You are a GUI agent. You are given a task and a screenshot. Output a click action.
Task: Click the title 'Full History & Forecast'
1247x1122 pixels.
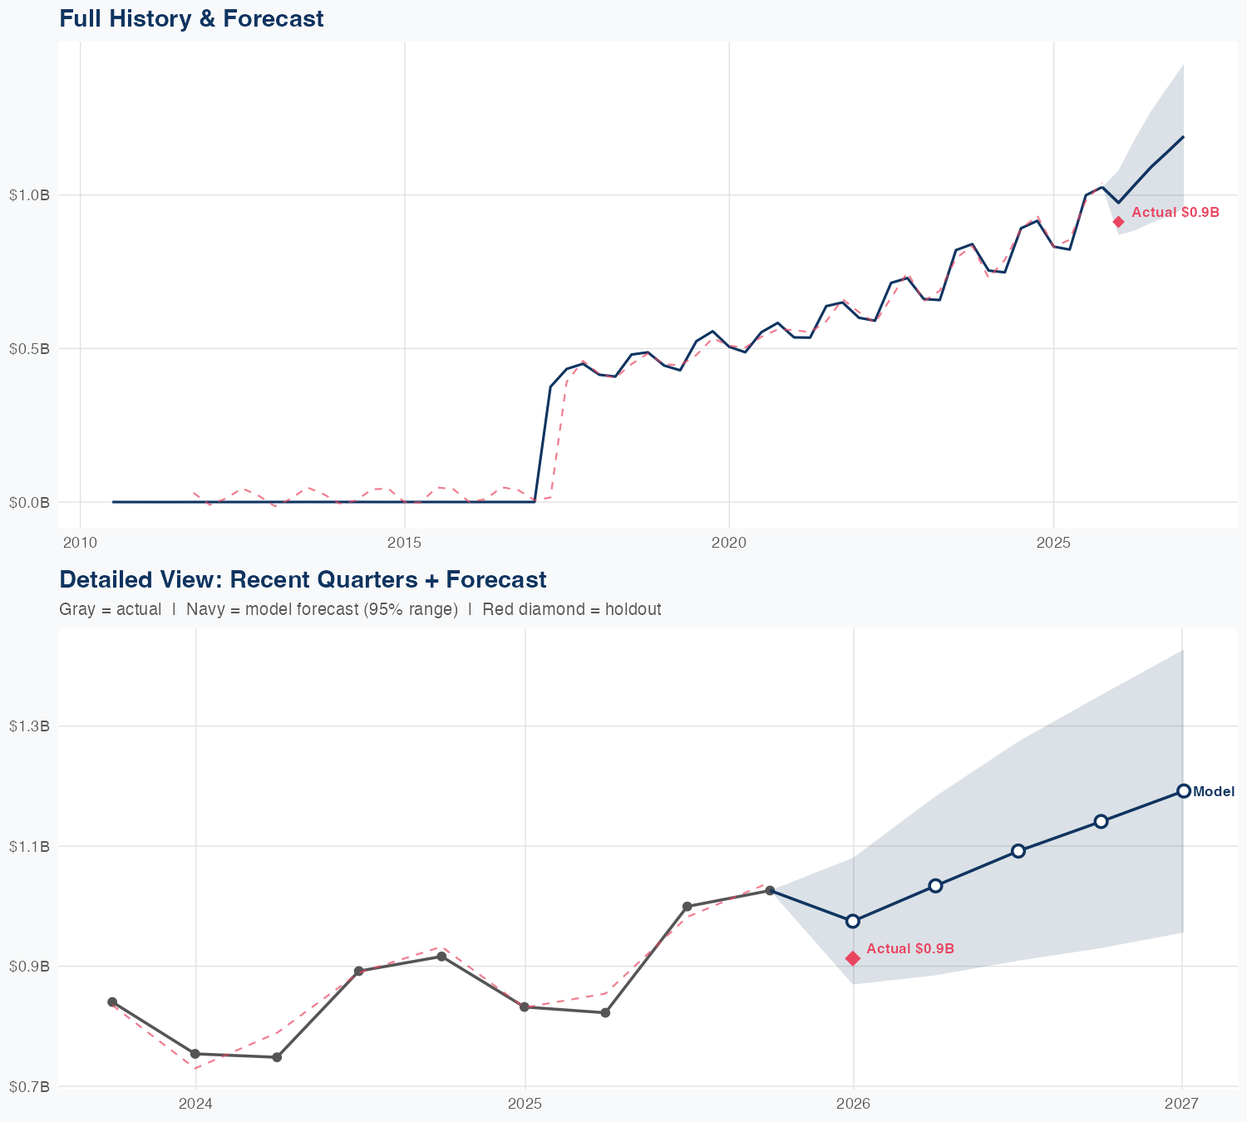coord(191,18)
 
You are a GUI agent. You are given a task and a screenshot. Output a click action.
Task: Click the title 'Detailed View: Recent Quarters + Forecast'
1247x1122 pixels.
coord(303,579)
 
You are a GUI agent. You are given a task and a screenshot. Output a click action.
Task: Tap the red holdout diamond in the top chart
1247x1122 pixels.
coord(1119,222)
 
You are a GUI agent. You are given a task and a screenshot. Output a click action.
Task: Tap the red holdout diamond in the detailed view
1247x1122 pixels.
coord(852,958)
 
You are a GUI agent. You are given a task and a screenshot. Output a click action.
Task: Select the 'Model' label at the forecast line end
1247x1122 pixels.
coord(1213,792)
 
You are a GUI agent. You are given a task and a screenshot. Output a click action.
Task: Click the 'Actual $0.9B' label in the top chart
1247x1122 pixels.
coord(1175,213)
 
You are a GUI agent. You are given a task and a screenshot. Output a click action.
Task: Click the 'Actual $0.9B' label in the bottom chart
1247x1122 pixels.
coord(909,949)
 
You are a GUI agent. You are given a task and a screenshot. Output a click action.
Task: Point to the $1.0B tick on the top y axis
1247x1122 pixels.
coord(29,195)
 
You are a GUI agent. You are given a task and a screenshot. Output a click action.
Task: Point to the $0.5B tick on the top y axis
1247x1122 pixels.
coord(29,348)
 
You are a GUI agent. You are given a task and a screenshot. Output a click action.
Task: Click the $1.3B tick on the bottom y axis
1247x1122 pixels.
coord(29,726)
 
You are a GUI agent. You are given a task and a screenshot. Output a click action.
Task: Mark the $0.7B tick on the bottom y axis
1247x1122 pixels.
coord(29,1086)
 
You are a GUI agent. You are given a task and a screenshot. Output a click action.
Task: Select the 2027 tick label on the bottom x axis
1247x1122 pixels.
coord(1181,1104)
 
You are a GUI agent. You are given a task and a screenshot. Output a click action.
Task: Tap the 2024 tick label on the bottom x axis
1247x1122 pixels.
coord(195,1104)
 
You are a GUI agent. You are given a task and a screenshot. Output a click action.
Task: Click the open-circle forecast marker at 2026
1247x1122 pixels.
coord(852,921)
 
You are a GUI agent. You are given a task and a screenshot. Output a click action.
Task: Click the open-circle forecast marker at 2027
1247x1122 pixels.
coord(1183,791)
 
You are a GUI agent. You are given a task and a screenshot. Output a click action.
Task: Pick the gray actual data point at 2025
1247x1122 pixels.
coord(524,1006)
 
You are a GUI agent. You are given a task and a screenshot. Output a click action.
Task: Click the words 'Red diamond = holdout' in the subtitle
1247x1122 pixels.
coord(571,609)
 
